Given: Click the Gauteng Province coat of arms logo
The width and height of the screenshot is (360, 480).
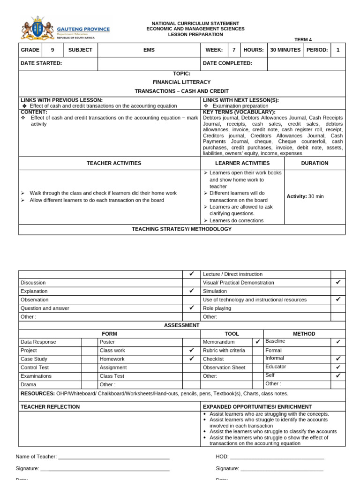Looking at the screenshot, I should pyautogui.click(x=38, y=30).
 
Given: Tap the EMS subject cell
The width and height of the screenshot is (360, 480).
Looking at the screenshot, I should pyautogui.click(x=149, y=50).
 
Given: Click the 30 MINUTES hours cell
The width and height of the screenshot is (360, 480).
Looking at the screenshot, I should pyautogui.click(x=285, y=50).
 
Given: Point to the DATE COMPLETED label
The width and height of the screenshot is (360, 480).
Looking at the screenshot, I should pyautogui.click(x=227, y=63).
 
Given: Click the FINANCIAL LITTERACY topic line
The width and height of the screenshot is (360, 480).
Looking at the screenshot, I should pyautogui.click(x=181, y=82).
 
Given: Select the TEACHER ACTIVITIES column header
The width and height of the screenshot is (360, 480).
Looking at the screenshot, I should pyautogui.click(x=114, y=163).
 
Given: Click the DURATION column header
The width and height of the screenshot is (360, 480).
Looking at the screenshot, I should pyautogui.click(x=315, y=163).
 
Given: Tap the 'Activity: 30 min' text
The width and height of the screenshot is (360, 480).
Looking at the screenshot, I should pyautogui.click(x=305, y=196).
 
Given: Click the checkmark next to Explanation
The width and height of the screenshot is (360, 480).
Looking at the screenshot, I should pyautogui.click(x=191, y=291).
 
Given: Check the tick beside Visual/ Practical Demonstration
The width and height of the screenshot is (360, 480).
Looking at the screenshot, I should pyautogui.click(x=338, y=282).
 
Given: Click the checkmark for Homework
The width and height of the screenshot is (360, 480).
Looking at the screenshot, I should pyautogui.click(x=191, y=359).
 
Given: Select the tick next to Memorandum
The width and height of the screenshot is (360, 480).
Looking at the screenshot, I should pyautogui.click(x=258, y=342).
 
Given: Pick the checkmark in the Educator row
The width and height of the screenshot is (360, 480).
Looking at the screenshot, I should pyautogui.click(x=338, y=367).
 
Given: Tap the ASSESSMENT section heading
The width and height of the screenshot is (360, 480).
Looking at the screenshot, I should pyautogui.click(x=181, y=325).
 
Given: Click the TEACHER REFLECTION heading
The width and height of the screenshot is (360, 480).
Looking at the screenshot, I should pyautogui.click(x=50, y=407).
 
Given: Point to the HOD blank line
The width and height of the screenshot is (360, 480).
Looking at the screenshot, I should pyautogui.click(x=277, y=457).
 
